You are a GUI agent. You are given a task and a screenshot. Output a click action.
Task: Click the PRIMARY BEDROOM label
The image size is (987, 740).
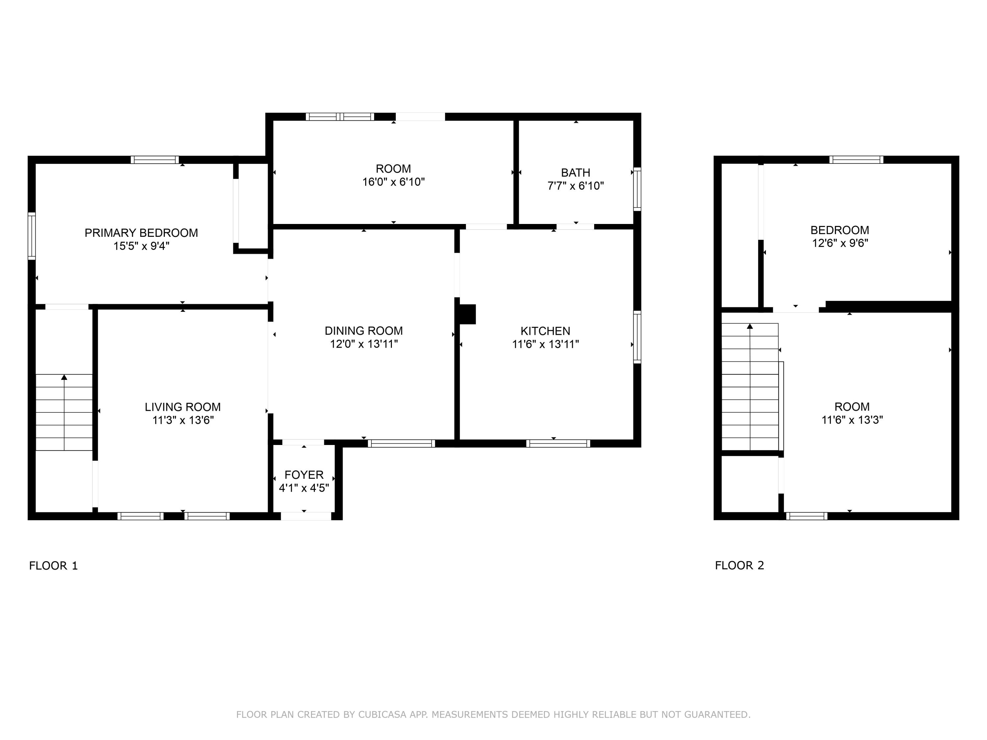tap(141, 233)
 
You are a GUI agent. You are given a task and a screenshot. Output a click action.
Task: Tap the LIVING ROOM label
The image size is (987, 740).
tap(183, 407)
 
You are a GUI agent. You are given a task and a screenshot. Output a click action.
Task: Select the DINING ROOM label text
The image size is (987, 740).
tap(364, 331)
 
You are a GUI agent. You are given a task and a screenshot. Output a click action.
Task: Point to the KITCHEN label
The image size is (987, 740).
tap(545, 331)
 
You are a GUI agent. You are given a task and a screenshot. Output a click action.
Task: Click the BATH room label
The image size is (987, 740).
tap(576, 173)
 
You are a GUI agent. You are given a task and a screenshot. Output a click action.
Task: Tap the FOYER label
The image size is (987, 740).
tap(304, 475)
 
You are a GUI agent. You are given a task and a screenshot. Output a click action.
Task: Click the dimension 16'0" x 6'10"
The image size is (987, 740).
tap(393, 182)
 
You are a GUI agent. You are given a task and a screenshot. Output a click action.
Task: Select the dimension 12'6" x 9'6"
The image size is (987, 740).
tap(840, 243)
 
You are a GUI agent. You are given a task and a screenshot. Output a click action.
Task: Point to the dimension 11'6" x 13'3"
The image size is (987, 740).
tap(852, 420)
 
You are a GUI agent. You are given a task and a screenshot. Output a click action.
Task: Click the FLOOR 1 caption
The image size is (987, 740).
tap(54, 566)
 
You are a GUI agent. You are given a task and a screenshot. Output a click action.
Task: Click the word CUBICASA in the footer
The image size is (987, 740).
tap(382, 715)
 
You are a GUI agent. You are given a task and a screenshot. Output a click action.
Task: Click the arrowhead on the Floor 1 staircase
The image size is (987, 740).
tap(64, 377)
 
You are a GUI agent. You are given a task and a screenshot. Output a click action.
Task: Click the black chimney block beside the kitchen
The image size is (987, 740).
tap(467, 314)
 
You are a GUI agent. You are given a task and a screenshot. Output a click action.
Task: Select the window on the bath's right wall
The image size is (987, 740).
tap(637, 189)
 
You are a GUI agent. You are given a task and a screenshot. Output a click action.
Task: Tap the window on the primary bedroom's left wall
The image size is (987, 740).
tap(32, 236)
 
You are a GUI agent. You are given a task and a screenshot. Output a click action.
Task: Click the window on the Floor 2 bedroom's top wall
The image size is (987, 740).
tap(856, 160)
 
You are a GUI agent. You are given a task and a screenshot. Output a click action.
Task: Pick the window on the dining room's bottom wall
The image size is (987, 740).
tap(401, 443)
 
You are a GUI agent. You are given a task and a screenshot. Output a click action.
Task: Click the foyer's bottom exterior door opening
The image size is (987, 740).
tap(306, 516)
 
